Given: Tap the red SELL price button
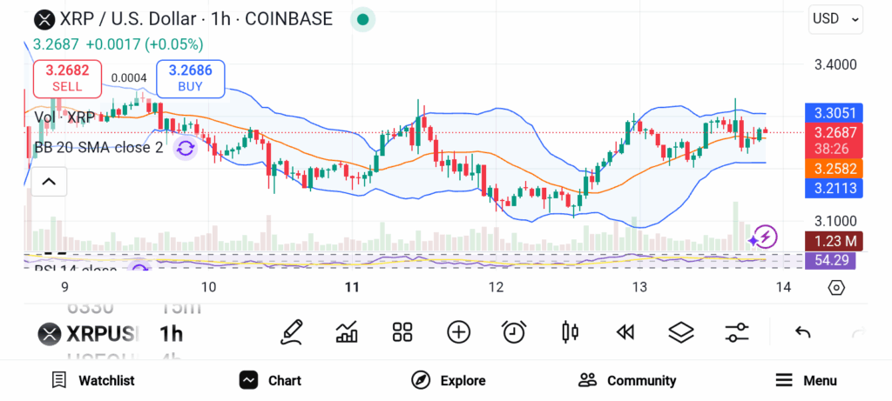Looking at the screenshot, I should point(67,78).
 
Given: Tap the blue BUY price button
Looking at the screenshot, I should point(190,78).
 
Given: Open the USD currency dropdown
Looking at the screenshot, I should point(835,18).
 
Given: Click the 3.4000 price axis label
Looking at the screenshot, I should point(835,64).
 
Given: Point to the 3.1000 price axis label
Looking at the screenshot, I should point(835,221).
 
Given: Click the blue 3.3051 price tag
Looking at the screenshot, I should point(835,113).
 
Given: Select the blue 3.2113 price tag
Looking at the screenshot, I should point(835,188).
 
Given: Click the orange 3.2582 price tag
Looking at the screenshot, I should point(835,168).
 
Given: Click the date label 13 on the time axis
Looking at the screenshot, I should point(639,287).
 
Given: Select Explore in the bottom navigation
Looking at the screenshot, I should point(449,380).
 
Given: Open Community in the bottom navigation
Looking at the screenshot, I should point(627,380).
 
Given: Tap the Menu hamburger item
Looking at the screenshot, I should point(806,380).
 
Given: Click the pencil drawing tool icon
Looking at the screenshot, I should point(293,331).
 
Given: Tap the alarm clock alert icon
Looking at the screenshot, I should point(514,331).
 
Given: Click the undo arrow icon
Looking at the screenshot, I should point(803,331).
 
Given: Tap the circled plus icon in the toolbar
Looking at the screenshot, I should point(458,331).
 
